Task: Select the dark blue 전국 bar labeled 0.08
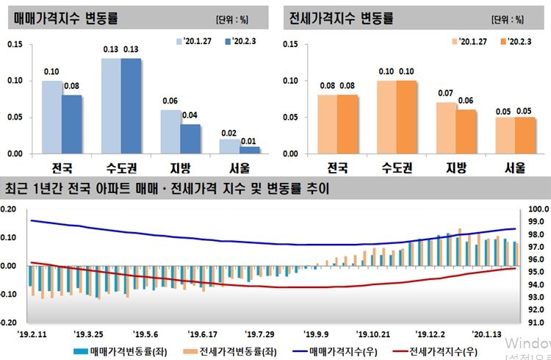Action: pos(72,124)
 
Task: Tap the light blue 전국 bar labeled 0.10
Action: pos(52,117)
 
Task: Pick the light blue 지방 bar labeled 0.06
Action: pos(170,132)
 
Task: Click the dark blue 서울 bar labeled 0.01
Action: pos(250,150)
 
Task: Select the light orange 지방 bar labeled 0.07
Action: pos(446,128)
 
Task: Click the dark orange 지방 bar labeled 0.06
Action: pos(466,132)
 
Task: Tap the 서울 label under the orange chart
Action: pos(515,168)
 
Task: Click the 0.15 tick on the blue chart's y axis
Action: pos(15,45)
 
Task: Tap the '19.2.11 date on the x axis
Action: pos(33,331)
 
